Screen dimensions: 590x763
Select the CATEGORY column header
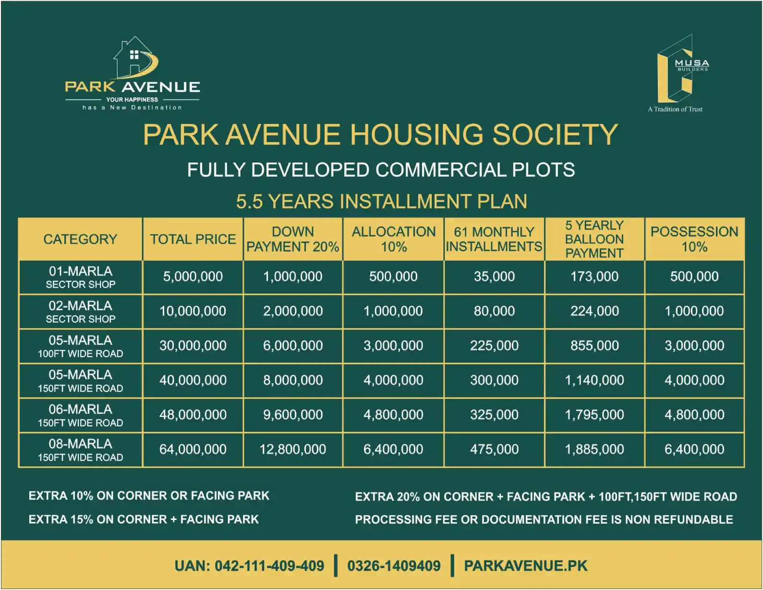80,239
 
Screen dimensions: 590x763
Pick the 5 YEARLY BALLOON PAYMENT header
594,239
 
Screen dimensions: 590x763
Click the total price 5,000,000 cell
193,277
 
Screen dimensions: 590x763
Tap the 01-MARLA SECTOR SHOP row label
80,277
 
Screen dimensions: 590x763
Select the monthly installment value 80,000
494,311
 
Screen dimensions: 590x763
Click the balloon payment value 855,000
594,346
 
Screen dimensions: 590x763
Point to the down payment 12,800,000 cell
292,449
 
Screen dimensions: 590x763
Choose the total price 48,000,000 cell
193,415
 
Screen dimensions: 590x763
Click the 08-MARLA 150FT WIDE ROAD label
80,450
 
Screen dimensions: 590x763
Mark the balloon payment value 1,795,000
594,415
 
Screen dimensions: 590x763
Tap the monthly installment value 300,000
494,380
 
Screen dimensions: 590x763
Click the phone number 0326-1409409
394,566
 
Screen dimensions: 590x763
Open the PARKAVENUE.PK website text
525,566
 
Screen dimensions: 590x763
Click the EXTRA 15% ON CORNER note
144,519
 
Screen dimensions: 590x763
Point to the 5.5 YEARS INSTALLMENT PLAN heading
381,202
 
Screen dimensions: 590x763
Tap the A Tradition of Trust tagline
675,109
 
